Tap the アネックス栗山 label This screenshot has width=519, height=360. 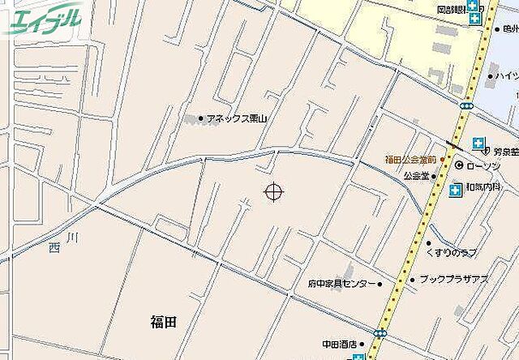[x=236, y=118]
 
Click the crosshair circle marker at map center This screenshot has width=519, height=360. [x=274, y=191]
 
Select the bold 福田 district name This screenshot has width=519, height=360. [x=163, y=323]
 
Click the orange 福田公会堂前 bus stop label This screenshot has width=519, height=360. [x=410, y=159]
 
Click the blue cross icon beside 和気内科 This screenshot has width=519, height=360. [x=456, y=191]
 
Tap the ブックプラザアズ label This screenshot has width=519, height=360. [x=453, y=279]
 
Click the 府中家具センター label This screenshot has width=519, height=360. [x=341, y=285]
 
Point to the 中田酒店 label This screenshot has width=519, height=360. [x=341, y=343]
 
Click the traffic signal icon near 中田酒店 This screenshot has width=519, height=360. [x=380, y=332]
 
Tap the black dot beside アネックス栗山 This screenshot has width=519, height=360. [x=201, y=118]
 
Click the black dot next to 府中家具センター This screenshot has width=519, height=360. [x=380, y=285]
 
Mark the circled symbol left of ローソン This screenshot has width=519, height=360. [x=458, y=165]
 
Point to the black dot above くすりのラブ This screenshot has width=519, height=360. [x=429, y=242]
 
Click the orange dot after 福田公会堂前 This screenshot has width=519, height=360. [x=442, y=159]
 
